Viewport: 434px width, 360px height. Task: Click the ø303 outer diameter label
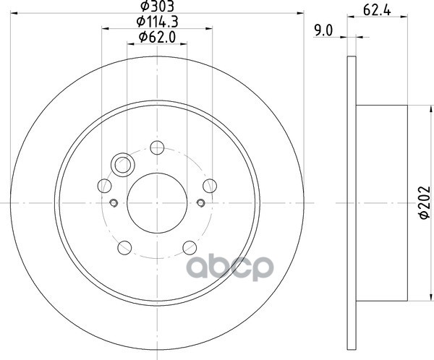click(x=157, y=6)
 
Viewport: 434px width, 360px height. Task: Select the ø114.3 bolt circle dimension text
click(x=157, y=22)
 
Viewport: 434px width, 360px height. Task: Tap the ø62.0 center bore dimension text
click(x=157, y=37)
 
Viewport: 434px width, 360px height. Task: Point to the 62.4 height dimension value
click(x=377, y=10)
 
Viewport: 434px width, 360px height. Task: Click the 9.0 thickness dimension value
click(x=323, y=30)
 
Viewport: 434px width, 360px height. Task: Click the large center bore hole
click(x=157, y=203)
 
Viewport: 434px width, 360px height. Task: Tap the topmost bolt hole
click(x=157, y=147)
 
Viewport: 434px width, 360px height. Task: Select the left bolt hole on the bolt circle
click(x=105, y=186)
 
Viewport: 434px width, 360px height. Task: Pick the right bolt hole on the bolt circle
click(x=210, y=186)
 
